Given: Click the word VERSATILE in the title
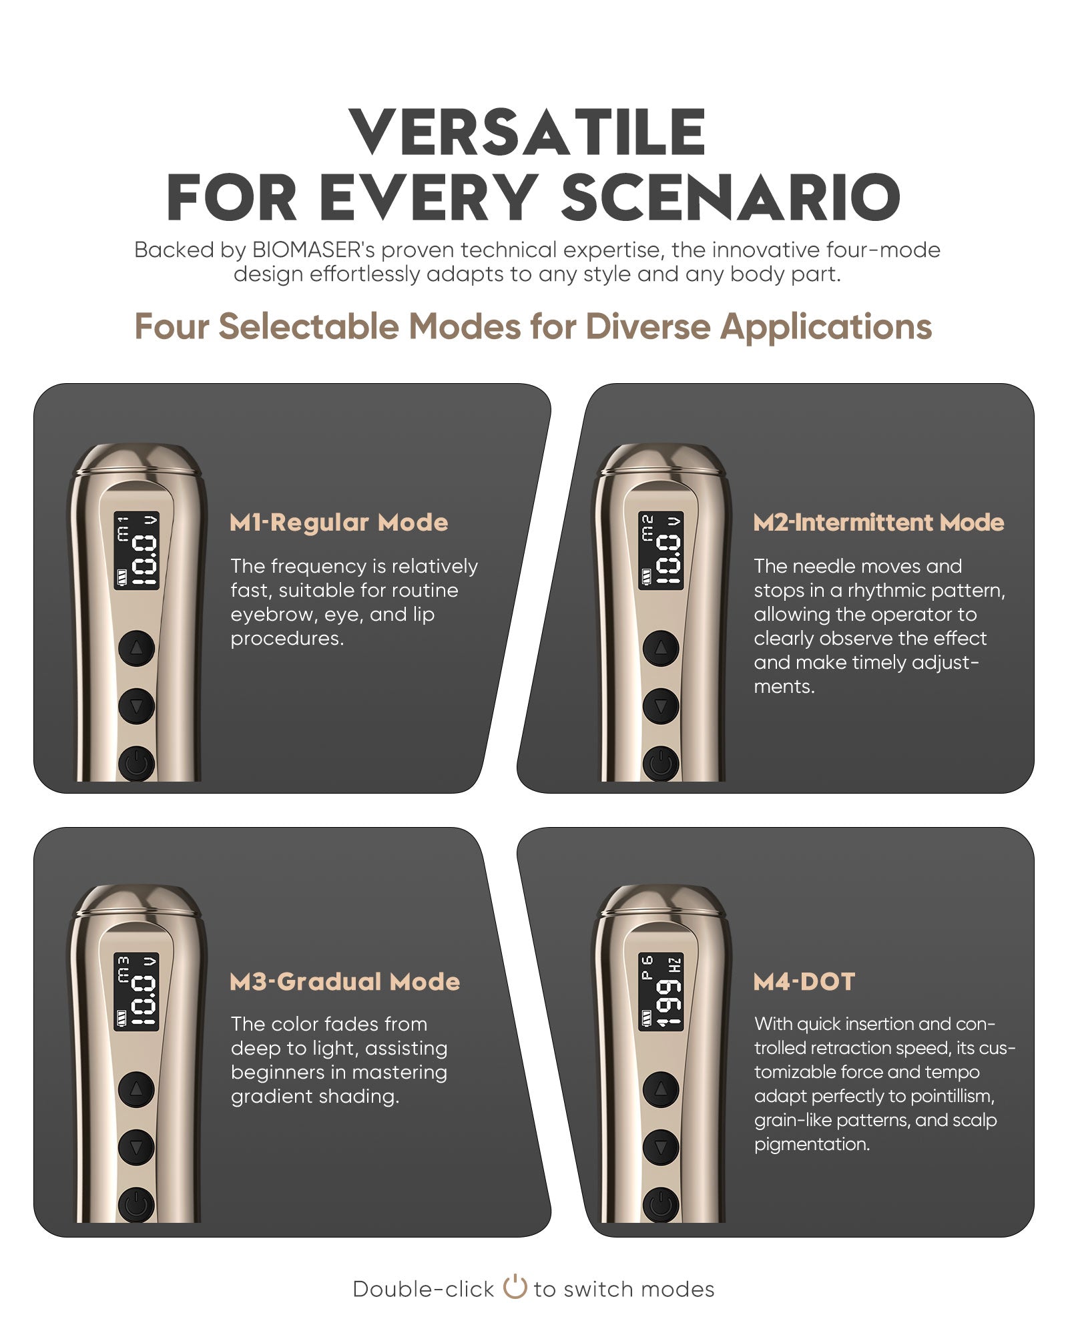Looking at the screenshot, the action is pyautogui.click(x=527, y=131).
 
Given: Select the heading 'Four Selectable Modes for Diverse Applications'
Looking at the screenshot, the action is pyautogui.click(x=533, y=326).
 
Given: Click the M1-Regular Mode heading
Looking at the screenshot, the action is pyautogui.click(x=339, y=522).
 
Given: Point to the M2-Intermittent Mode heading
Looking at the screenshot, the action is pyautogui.click(x=878, y=522).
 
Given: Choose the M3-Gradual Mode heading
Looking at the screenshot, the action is pyautogui.click(x=344, y=981).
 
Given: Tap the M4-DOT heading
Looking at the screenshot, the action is pyautogui.click(x=804, y=981).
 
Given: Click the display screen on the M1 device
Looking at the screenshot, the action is pyautogui.click(x=137, y=551).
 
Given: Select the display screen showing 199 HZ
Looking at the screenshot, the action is pyautogui.click(x=661, y=992).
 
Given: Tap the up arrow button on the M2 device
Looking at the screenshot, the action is pyautogui.click(x=661, y=647).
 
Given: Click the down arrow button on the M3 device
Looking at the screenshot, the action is pyautogui.click(x=136, y=1147).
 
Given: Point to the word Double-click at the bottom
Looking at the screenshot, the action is pyautogui.click(x=423, y=1289).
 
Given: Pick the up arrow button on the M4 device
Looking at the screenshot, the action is pyautogui.click(x=661, y=1089).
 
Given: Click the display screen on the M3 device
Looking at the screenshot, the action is pyautogui.click(x=137, y=992).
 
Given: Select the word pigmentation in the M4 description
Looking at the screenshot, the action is pyautogui.click(x=812, y=1144).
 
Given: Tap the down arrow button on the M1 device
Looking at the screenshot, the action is pyautogui.click(x=136, y=706).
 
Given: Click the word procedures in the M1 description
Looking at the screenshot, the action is pyautogui.click(x=287, y=639).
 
